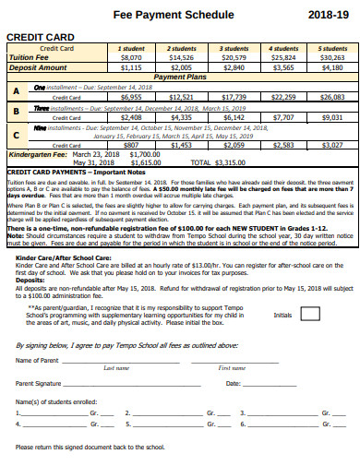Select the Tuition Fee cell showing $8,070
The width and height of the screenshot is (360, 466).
(131, 57)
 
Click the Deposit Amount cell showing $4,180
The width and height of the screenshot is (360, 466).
(331, 66)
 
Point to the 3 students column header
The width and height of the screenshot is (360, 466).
(234, 48)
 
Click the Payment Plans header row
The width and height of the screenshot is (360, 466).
(179, 77)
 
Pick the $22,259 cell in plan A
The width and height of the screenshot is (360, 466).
(283, 96)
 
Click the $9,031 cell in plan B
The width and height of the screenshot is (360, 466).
(331, 118)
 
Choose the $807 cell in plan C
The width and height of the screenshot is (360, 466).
(131, 145)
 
